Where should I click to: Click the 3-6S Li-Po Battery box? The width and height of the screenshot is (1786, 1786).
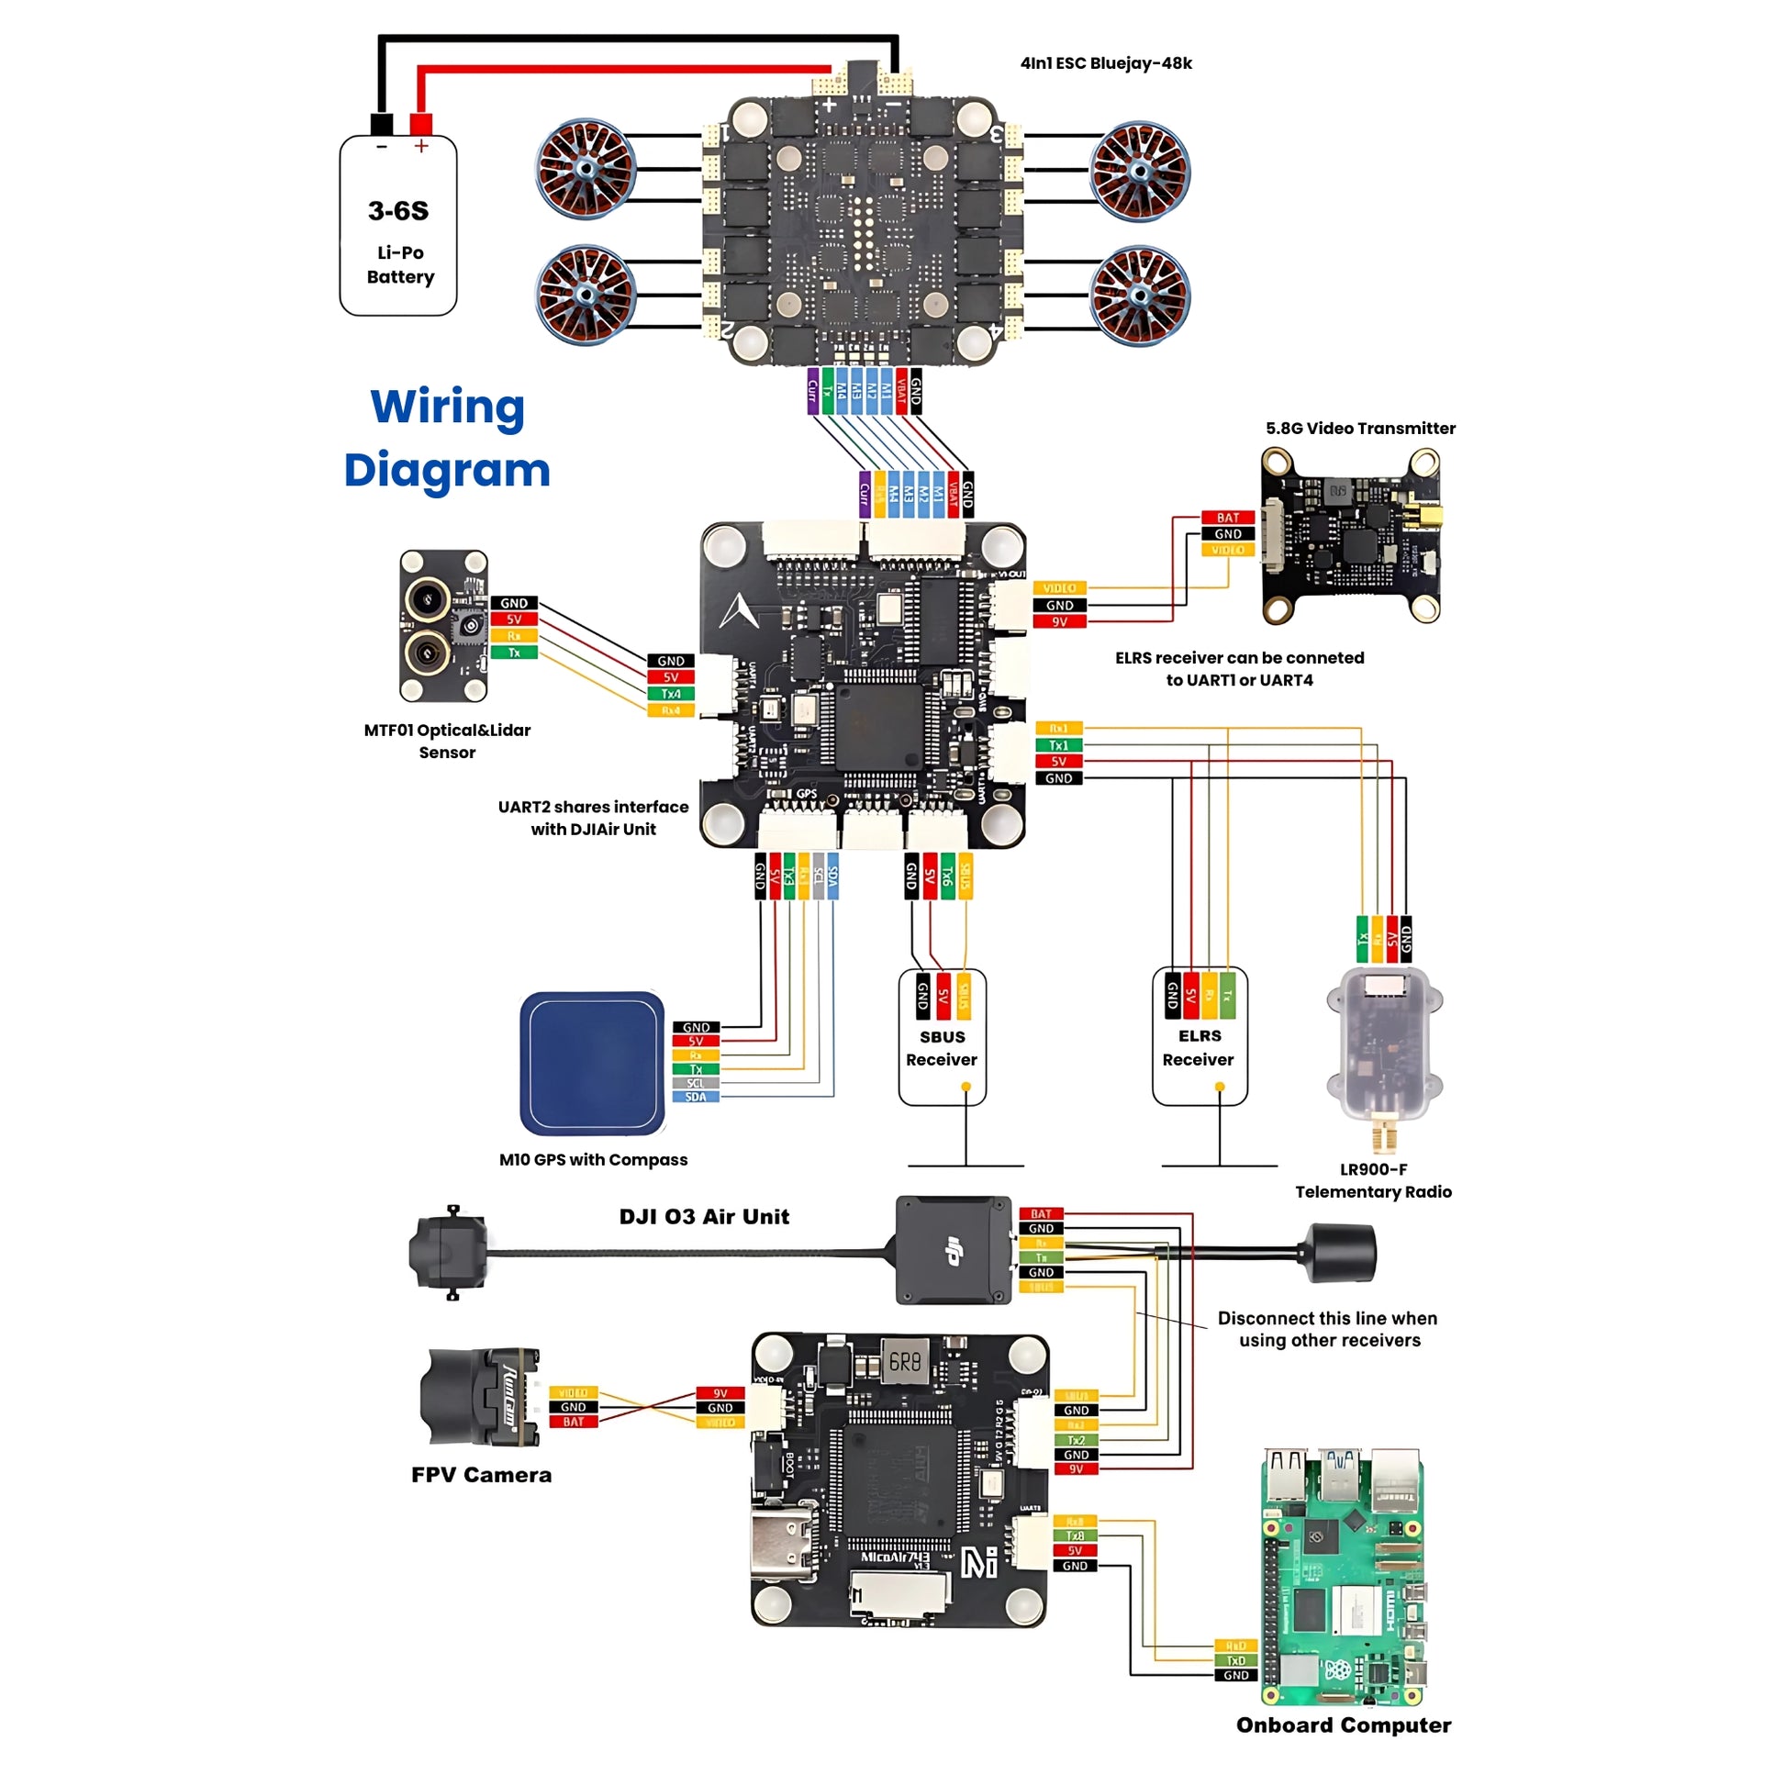click(x=398, y=227)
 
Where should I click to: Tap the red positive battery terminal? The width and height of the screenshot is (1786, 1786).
click(x=420, y=124)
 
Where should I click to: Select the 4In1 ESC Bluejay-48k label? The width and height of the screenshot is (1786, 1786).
click(x=1106, y=62)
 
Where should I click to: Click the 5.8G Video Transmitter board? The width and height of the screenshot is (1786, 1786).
click(x=1350, y=535)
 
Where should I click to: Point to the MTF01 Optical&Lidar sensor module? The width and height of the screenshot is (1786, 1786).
click(x=443, y=626)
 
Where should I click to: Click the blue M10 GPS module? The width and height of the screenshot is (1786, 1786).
click(x=593, y=1063)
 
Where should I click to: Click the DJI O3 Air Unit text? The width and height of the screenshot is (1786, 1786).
click(x=705, y=1217)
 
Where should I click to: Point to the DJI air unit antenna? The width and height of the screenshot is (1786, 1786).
click(x=1341, y=1253)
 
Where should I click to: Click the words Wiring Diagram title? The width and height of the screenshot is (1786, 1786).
click(x=448, y=438)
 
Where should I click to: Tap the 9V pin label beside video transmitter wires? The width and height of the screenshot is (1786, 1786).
click(x=1059, y=622)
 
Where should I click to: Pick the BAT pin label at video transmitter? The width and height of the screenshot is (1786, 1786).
click(x=1228, y=518)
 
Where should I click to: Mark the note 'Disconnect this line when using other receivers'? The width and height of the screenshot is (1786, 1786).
click(x=1328, y=1329)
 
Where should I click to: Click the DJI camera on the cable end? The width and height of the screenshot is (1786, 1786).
click(x=449, y=1253)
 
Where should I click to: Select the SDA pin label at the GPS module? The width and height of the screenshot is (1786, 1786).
click(x=695, y=1098)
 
